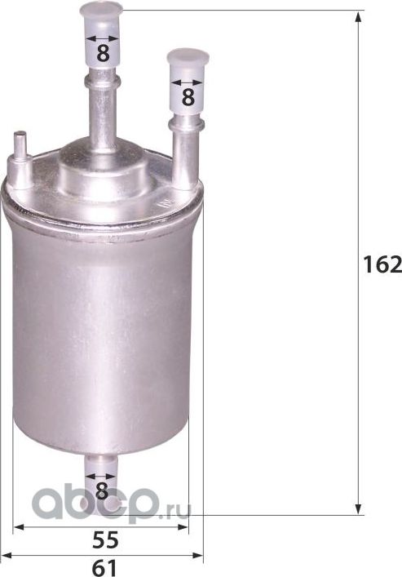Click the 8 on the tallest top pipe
[x=103, y=53]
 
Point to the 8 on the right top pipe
[x=187, y=96]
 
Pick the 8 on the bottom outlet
[x=101, y=490]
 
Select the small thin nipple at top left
[x=21, y=145]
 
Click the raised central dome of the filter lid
[x=103, y=163]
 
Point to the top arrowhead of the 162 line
[x=359, y=16]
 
